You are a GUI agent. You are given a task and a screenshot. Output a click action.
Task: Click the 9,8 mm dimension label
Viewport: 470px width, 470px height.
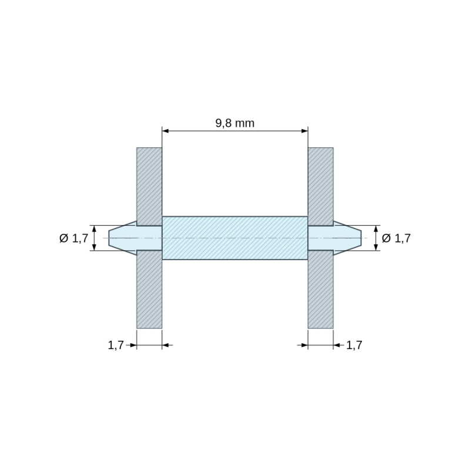(x=235, y=123)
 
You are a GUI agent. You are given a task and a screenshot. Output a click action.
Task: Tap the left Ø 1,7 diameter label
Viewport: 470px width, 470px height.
(x=74, y=239)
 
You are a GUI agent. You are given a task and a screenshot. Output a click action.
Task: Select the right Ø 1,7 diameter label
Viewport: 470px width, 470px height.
(x=396, y=239)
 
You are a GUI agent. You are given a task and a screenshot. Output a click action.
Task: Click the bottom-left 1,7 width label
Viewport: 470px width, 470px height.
(x=116, y=345)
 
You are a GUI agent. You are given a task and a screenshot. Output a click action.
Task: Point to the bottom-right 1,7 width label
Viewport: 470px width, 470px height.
(x=354, y=345)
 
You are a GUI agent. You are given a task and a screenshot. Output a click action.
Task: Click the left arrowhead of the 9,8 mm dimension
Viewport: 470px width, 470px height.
(x=166, y=131)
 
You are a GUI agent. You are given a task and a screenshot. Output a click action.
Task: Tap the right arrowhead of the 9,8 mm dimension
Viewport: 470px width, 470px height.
(x=304, y=131)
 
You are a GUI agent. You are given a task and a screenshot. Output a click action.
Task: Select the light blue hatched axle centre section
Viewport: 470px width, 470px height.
(x=235, y=238)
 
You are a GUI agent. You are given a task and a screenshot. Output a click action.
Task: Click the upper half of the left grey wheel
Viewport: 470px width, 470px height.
(x=149, y=186)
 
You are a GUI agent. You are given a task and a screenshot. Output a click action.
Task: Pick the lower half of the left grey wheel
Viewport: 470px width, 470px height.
(x=149, y=289)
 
